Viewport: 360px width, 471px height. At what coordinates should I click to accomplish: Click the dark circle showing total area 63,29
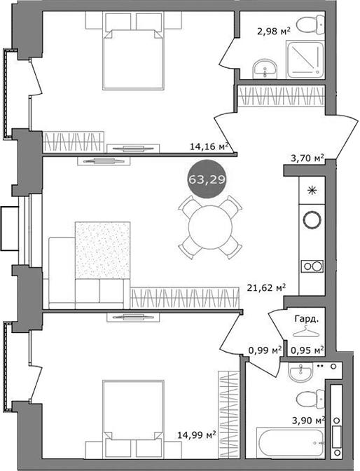[x=202, y=180]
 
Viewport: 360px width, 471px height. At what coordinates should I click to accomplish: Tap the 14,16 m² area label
[x=209, y=146]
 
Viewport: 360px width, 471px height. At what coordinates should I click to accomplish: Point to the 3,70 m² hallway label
[x=307, y=159]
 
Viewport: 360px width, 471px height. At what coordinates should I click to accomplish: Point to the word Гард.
[x=307, y=318]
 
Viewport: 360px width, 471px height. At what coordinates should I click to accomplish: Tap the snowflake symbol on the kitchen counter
[x=310, y=189]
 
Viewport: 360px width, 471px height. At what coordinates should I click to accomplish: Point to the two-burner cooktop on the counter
[x=310, y=266]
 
